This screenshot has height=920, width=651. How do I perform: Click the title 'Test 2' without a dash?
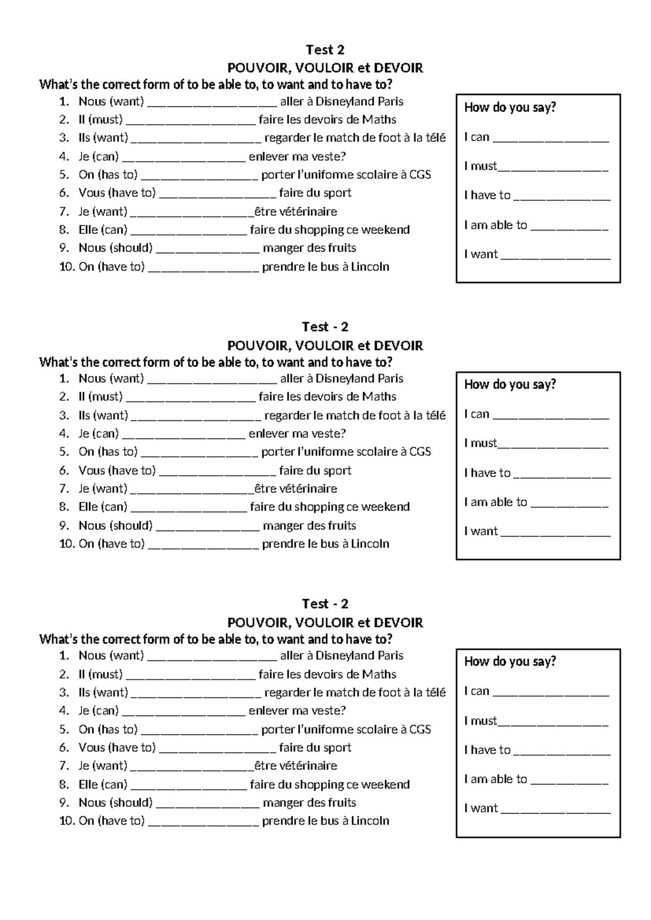point(325,50)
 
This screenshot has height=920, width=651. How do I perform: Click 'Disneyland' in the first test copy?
point(344,101)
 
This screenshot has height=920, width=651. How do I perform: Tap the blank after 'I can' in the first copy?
point(551,138)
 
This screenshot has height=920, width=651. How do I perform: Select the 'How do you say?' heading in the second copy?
point(510,385)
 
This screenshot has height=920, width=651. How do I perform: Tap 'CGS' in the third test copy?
point(420,730)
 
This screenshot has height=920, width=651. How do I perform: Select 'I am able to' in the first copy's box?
point(495,225)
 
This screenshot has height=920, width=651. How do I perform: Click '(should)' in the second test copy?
point(131,526)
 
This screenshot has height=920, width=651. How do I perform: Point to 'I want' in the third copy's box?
point(481,808)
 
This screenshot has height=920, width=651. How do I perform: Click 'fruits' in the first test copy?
point(341,248)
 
